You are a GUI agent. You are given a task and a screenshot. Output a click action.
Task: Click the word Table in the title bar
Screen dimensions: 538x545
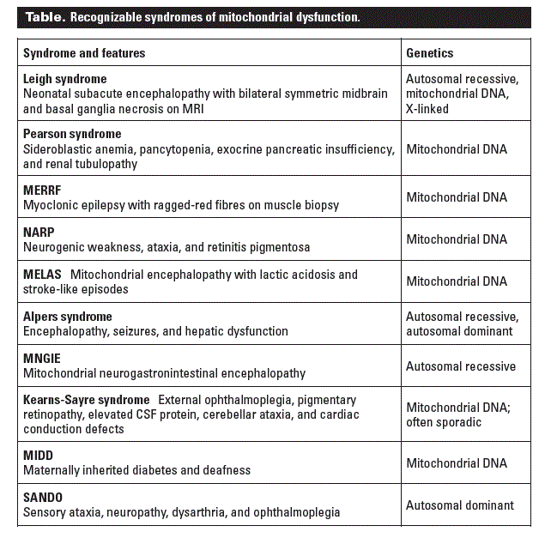[x=43, y=17]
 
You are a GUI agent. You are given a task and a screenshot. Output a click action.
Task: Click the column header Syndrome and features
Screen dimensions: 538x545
[x=84, y=53]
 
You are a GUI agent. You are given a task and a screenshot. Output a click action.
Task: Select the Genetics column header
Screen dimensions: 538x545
[x=429, y=53]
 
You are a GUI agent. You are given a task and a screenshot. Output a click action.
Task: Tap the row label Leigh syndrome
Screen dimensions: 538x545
[x=65, y=79]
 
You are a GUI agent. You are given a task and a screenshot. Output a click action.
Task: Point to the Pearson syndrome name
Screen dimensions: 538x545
[x=72, y=134]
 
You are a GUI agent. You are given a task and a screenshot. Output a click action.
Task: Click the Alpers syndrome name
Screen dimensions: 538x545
[x=68, y=317]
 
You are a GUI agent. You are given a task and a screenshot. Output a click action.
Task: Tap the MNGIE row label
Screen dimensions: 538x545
[x=42, y=359]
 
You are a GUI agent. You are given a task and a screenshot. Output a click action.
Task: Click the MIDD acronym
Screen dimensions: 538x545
[x=38, y=456]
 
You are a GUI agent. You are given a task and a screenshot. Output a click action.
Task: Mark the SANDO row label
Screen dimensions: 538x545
[x=43, y=498]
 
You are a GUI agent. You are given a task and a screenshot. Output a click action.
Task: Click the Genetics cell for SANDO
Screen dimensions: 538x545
[x=459, y=505]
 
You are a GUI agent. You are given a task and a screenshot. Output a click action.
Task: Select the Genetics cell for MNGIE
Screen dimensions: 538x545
[x=460, y=366]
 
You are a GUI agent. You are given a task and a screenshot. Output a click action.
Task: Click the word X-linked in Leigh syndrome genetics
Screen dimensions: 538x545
[x=427, y=109]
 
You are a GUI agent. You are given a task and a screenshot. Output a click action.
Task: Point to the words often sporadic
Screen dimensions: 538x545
[x=444, y=422]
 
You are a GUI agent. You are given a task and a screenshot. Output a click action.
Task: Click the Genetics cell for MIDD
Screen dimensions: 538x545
[x=456, y=463]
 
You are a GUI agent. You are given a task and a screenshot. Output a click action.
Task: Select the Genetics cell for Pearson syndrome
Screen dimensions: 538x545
[x=456, y=149]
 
